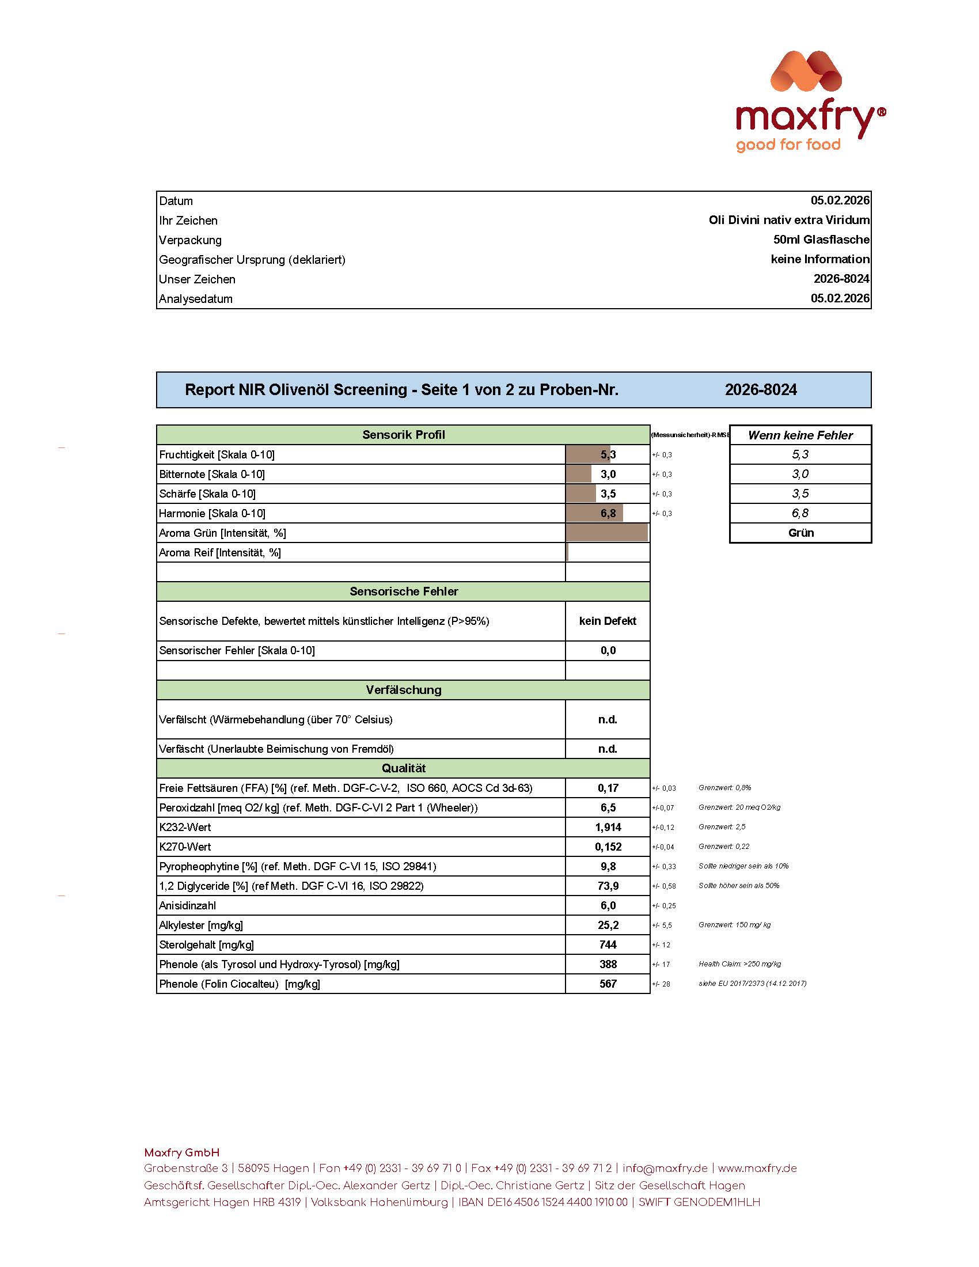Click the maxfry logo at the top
pos(810,102)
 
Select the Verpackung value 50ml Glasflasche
pos(821,240)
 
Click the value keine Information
pos(819,259)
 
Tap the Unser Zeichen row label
pos(197,279)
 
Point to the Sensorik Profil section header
pos(403,435)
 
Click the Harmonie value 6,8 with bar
pos(607,513)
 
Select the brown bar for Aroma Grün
pos(606,533)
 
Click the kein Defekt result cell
pos(607,621)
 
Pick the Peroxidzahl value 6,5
pos(608,807)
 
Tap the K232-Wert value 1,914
pos(608,827)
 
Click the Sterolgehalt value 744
pos(608,944)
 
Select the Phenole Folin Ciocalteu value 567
pos(608,984)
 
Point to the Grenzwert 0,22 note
pos(724,847)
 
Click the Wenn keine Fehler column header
pos(800,435)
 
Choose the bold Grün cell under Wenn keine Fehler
pos(800,533)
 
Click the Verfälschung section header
pos(403,690)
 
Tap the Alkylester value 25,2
pos(608,925)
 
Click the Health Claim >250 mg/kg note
pos(739,963)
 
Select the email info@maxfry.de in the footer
pos(665,1169)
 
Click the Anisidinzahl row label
pos(187,905)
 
